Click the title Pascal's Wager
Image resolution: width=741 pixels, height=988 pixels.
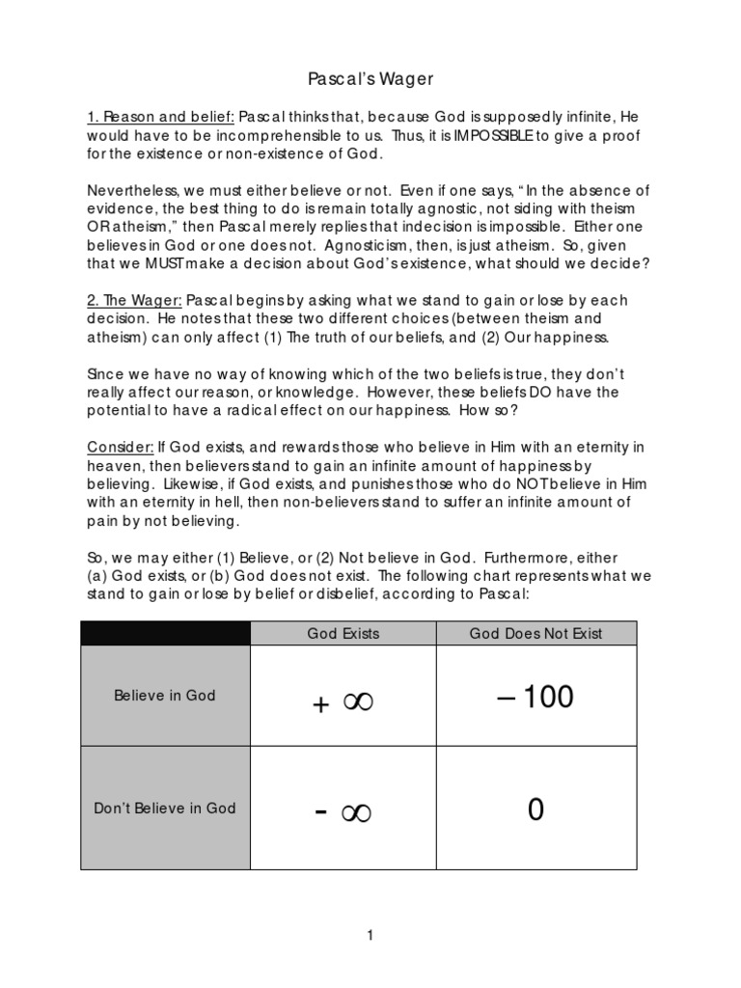pyautogui.click(x=370, y=76)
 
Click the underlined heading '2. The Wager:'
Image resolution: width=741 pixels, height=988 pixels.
pyautogui.click(x=134, y=300)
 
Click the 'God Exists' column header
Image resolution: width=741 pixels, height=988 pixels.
pyautogui.click(x=343, y=634)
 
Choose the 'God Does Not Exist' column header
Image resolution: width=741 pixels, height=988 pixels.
pyautogui.click(x=535, y=634)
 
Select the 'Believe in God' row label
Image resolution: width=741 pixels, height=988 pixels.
pyautogui.click(x=165, y=695)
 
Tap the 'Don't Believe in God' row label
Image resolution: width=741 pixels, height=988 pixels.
pyautogui.click(x=165, y=808)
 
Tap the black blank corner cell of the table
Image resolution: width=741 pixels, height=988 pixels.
pyautogui.click(x=165, y=634)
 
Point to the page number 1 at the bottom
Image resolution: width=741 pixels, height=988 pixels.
pyautogui.click(x=370, y=935)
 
